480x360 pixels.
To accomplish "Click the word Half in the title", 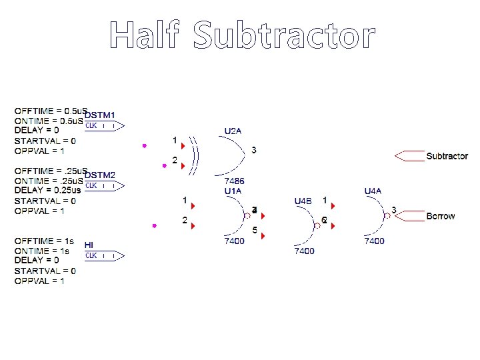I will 145,35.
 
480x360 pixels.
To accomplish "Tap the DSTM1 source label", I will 99,115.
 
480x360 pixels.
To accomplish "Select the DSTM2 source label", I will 99,175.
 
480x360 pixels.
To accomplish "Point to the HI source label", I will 89,245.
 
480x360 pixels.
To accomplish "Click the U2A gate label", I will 233,131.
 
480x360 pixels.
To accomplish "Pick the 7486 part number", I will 233,181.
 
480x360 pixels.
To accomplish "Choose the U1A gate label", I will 233,191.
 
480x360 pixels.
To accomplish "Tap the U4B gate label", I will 303,200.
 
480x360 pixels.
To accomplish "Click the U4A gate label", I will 373,191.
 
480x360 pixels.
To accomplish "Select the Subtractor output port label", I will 447,156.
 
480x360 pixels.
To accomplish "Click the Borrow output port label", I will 441,216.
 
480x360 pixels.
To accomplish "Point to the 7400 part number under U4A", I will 373,241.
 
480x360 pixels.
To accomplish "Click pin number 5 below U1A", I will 254,231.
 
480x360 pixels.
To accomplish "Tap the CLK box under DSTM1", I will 91,125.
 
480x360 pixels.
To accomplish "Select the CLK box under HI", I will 91,255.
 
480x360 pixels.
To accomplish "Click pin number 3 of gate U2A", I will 253,150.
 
